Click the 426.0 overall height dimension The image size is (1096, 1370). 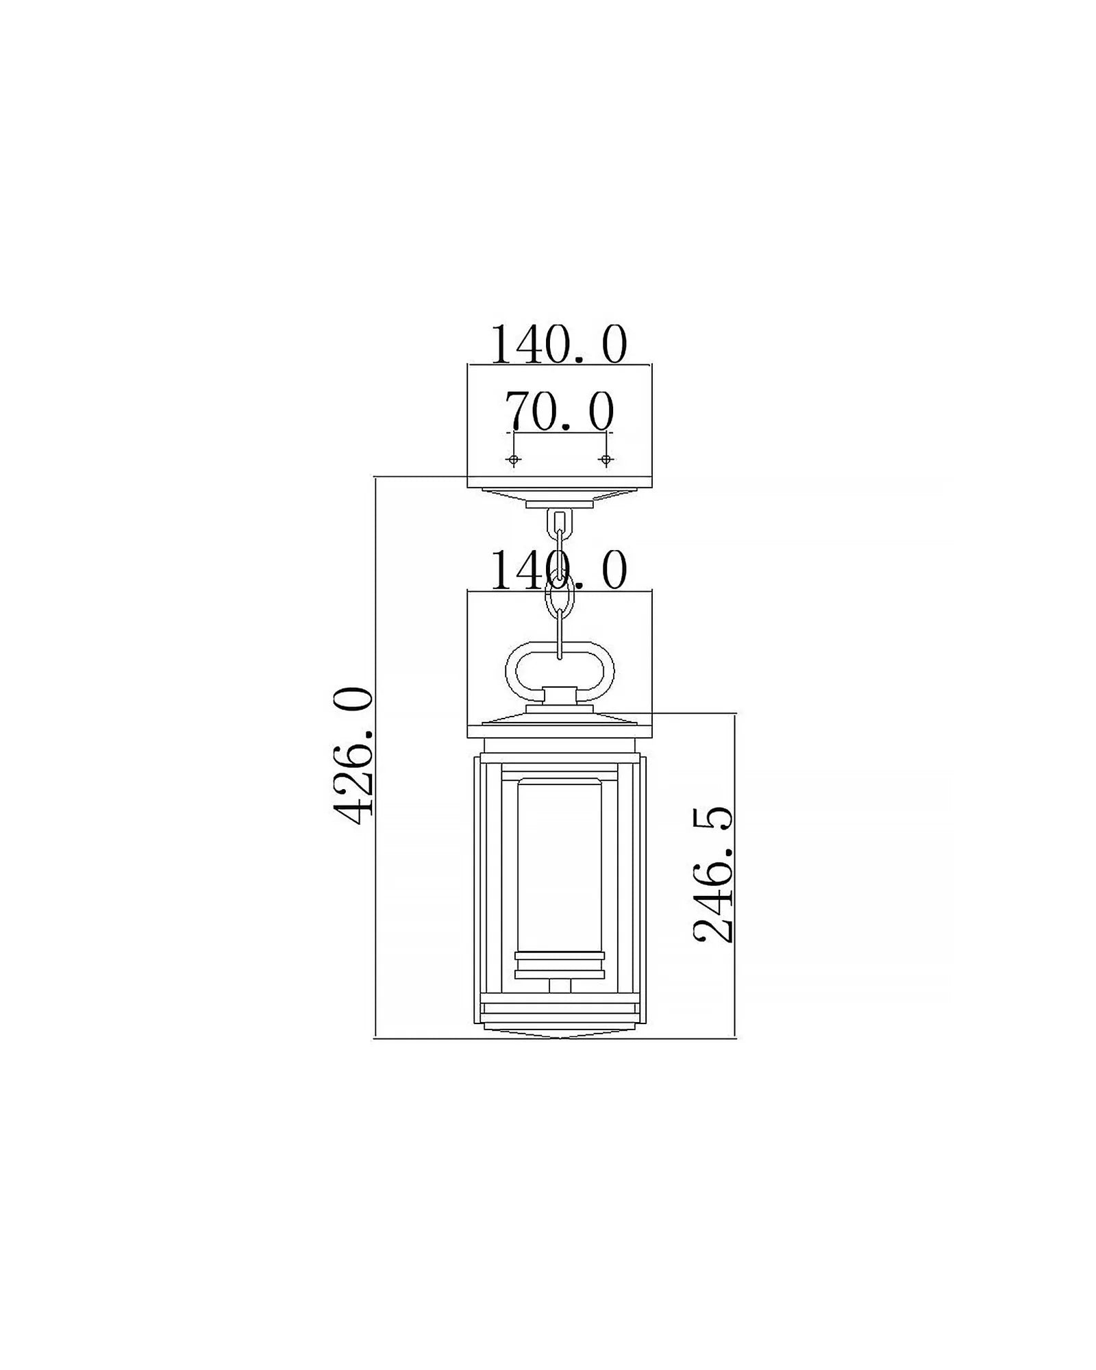pos(353,756)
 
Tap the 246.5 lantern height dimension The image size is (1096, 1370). pos(713,875)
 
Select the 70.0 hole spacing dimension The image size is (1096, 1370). pos(560,412)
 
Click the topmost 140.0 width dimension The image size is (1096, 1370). pos(559,344)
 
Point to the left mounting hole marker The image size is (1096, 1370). pos(514,459)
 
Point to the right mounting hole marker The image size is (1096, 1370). pos(605,459)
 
